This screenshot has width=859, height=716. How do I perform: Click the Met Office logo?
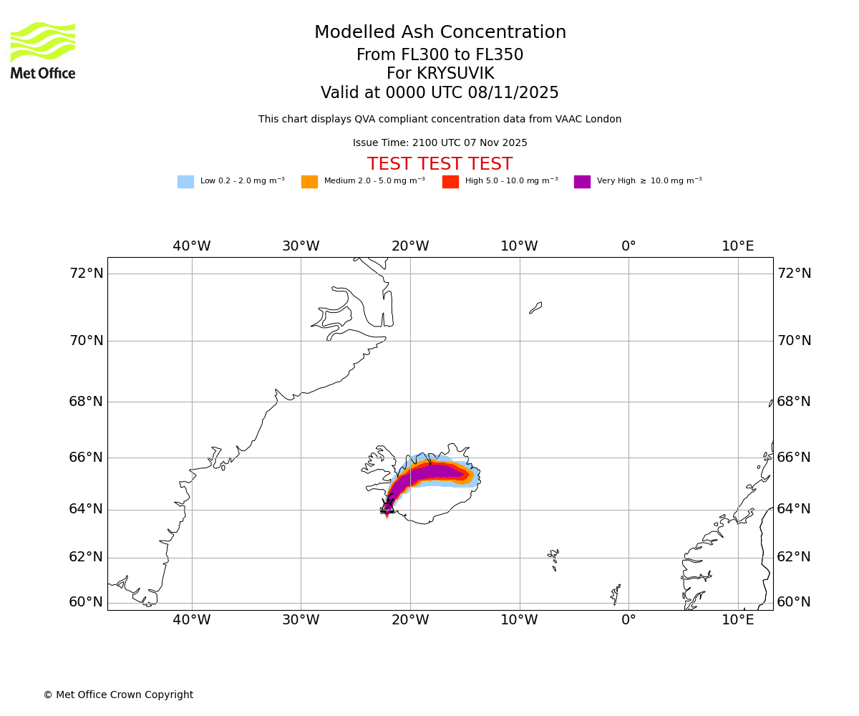coord(43,50)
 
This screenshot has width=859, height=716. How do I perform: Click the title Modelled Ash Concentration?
coord(440,33)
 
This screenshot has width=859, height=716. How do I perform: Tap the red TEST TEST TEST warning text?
coord(440,164)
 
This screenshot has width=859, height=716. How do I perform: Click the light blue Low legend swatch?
coord(185,181)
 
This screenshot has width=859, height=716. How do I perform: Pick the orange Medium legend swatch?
coord(309,181)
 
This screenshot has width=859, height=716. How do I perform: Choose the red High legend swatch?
coord(450,181)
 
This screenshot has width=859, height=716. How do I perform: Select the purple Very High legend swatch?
coord(582,181)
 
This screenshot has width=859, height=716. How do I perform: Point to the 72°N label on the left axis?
coord(86,274)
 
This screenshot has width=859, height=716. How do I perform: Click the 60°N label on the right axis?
coord(794,602)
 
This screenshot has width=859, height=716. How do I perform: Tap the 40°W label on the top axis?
coord(192,246)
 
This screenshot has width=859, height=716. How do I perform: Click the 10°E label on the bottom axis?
coord(738,619)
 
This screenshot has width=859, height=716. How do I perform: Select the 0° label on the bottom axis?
coord(629,619)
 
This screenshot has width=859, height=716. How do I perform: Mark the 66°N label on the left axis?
coord(86,457)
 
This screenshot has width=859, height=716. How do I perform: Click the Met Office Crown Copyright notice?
coord(118,695)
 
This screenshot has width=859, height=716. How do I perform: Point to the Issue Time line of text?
coord(440,142)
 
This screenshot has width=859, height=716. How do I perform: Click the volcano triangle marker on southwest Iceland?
coord(387,508)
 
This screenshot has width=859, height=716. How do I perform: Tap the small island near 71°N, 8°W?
coord(535,308)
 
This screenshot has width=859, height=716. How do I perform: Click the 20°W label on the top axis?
coord(410,246)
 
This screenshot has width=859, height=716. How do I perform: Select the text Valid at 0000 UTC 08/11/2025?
coord(440,93)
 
